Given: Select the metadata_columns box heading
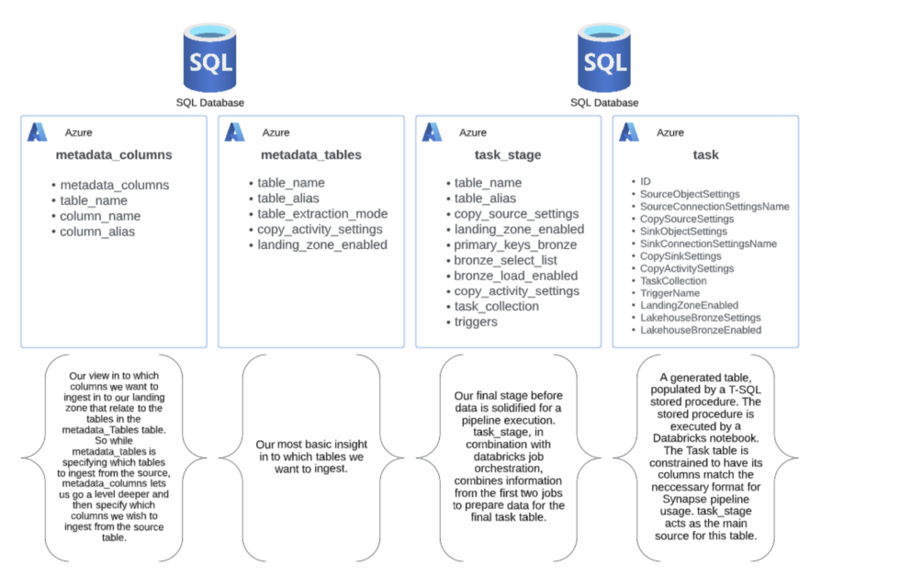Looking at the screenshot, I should click(113, 155).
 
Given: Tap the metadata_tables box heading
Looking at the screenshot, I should click(311, 155).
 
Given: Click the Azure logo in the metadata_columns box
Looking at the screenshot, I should click(38, 132).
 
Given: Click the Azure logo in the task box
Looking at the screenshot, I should click(629, 132).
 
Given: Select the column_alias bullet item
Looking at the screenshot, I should click(97, 232).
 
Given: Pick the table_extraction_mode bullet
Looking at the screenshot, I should click(322, 214).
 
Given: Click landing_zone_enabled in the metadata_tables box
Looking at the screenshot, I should click(322, 245).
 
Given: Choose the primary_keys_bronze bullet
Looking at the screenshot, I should click(515, 245).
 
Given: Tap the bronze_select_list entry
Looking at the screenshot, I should click(505, 261).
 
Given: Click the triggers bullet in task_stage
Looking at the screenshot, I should click(476, 322).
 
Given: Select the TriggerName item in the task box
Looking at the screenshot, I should click(669, 293).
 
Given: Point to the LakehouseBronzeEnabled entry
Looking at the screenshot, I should click(700, 330).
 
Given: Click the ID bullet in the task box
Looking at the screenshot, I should click(645, 182).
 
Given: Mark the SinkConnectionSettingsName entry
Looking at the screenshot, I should click(708, 243).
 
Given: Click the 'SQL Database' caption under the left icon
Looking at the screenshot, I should click(210, 103).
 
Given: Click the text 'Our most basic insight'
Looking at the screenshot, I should click(311, 446).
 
